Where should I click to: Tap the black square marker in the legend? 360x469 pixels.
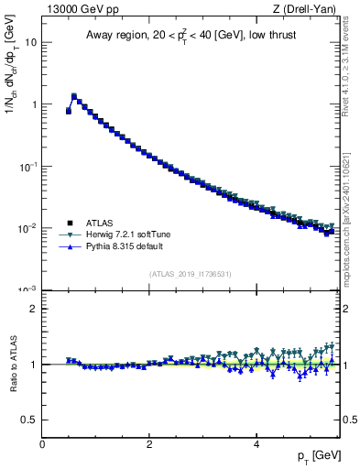69,223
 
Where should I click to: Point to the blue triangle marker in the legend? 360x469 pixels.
69,246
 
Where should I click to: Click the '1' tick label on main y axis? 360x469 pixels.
34,104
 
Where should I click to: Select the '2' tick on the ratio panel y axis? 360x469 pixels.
34,309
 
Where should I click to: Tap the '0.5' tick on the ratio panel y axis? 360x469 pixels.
29,420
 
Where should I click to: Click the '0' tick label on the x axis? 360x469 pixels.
42,444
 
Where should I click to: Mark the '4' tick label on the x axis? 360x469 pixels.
256,444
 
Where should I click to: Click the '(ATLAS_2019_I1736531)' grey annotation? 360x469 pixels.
190,274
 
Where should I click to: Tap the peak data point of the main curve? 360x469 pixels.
74,95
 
